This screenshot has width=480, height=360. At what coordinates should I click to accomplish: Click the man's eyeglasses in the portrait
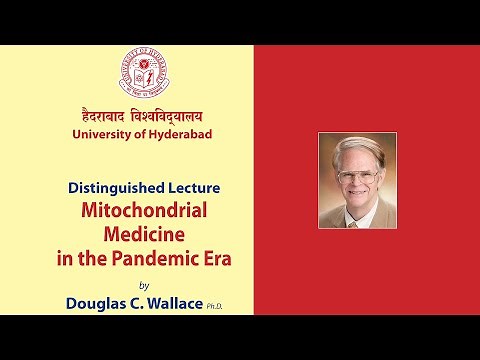click(357, 177)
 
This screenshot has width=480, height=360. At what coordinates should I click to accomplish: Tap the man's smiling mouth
click(356, 198)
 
